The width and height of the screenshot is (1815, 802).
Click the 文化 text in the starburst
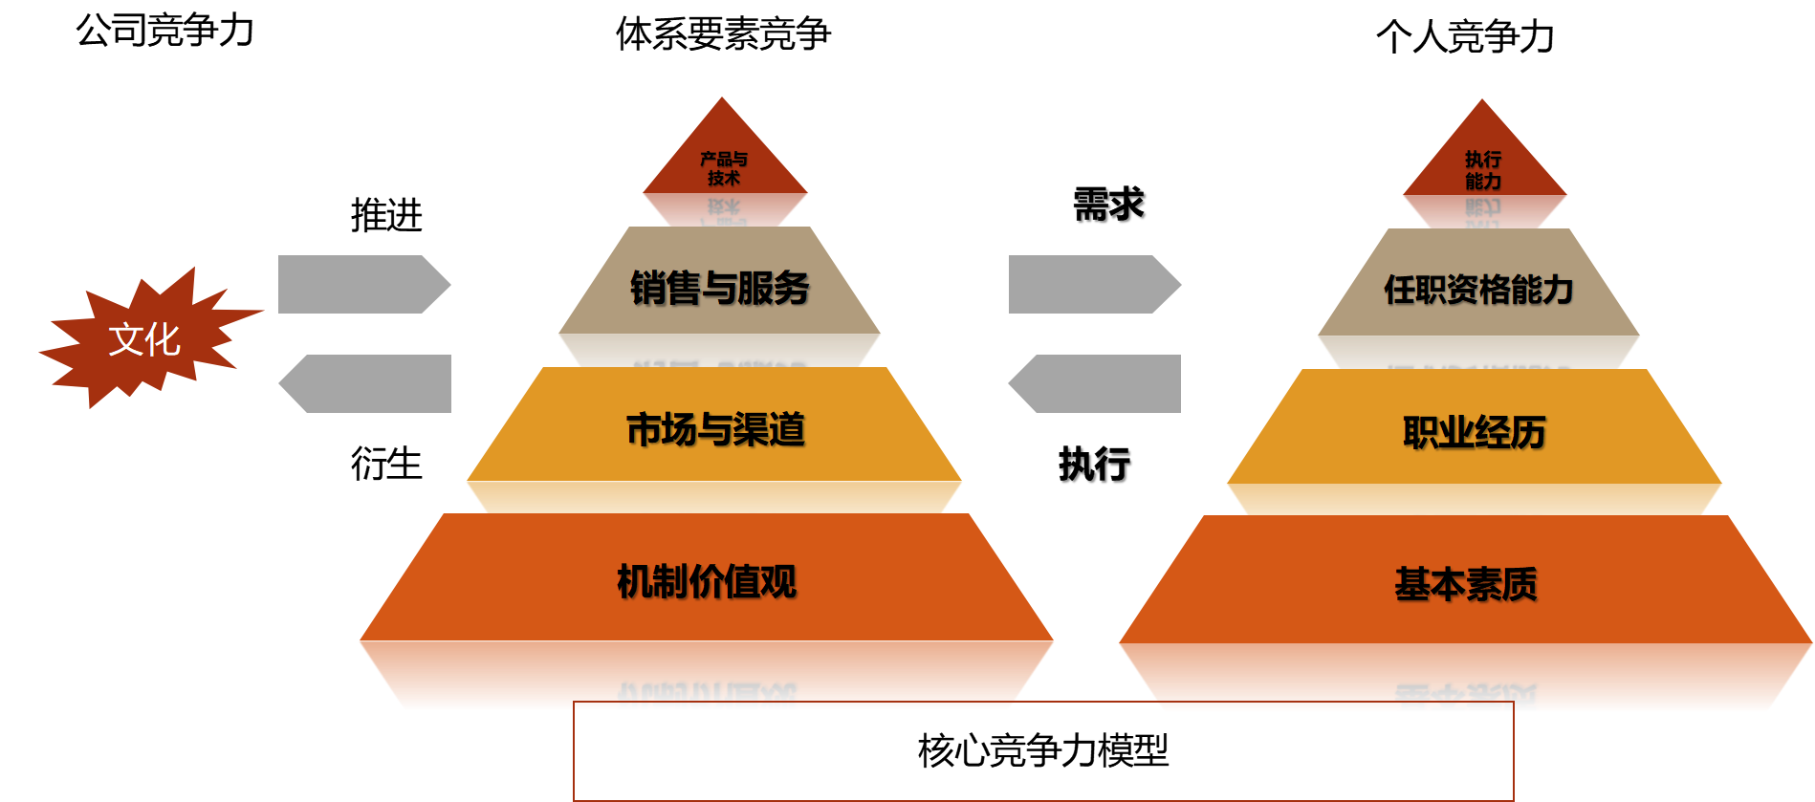click(x=144, y=339)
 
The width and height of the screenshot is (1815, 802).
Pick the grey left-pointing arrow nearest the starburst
click(x=367, y=383)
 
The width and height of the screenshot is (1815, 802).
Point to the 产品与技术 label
click(x=724, y=168)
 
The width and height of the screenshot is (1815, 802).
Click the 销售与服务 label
click(x=719, y=288)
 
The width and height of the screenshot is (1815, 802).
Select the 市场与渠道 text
click(x=715, y=430)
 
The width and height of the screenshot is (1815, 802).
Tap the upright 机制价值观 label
click(x=707, y=581)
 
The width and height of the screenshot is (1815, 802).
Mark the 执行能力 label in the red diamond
click(x=1483, y=170)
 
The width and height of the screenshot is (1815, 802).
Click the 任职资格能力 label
click(x=1478, y=290)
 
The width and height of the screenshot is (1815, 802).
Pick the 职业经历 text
click(x=1474, y=433)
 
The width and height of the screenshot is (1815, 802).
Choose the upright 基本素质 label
click(x=1466, y=584)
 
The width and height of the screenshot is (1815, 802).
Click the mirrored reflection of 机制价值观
click(x=707, y=696)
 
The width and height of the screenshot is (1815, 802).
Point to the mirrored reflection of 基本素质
click(x=1466, y=699)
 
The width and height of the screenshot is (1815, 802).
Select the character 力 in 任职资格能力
click(x=1558, y=290)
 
